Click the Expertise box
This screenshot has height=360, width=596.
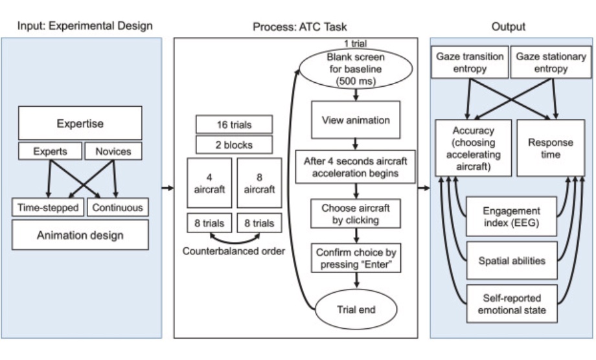point(80,123)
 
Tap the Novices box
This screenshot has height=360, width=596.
point(113,152)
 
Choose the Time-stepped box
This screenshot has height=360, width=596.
point(49,208)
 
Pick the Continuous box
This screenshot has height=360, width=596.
point(117,208)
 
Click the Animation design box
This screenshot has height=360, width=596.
point(80,235)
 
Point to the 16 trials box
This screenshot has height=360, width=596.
point(235,124)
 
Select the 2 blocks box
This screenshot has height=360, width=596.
point(235,144)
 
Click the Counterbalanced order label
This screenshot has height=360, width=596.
point(234,251)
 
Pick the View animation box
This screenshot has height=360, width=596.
point(354,120)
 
